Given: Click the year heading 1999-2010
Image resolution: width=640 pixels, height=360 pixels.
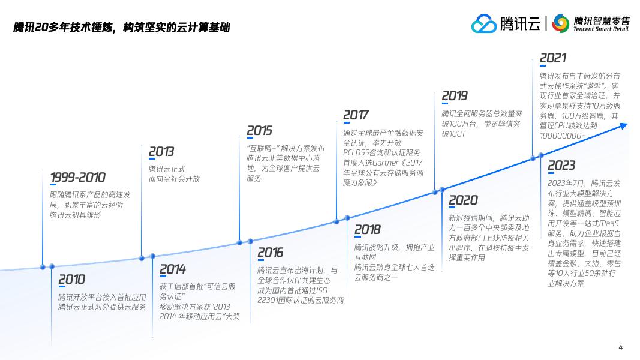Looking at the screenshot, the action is [x=77, y=178].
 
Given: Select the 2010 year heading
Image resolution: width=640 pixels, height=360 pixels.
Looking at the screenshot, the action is [x=71, y=280].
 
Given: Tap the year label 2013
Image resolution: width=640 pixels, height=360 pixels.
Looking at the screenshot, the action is [x=161, y=152].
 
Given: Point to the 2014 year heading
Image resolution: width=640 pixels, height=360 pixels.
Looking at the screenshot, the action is [x=172, y=269].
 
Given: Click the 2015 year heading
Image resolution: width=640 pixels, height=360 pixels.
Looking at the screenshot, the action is [x=259, y=131].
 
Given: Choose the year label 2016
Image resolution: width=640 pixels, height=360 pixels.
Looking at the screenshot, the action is [x=270, y=253].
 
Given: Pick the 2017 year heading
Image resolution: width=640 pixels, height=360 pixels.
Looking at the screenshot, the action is [x=356, y=115].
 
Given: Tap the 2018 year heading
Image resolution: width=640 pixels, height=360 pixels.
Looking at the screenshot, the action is [x=367, y=230].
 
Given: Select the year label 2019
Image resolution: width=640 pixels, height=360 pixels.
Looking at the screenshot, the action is [x=454, y=96].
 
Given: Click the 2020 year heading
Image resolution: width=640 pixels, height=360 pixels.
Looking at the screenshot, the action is [x=463, y=200].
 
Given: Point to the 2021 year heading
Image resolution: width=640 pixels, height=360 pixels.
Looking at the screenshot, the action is [x=552, y=58].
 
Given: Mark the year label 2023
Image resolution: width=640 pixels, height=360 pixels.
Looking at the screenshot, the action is [x=561, y=166].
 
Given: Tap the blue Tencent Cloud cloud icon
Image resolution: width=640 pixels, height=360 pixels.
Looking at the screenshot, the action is [x=484, y=24].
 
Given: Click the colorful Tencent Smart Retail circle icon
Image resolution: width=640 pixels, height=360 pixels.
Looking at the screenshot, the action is [x=560, y=23].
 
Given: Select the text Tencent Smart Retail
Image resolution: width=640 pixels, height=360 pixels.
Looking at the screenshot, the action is [x=601, y=29].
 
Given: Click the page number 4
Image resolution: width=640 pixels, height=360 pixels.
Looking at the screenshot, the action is [x=620, y=347].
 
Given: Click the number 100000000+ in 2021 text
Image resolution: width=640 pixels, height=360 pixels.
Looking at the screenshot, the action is [x=563, y=136].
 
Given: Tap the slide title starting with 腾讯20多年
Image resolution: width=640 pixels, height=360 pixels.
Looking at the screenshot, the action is [x=122, y=28].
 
